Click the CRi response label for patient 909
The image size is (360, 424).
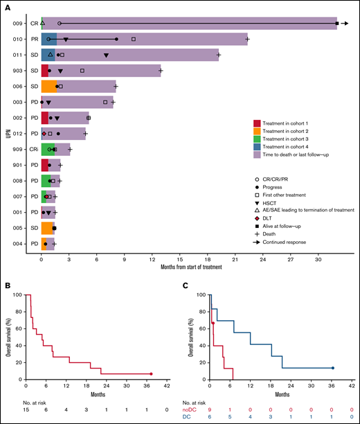34,149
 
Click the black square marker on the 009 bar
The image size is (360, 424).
337,24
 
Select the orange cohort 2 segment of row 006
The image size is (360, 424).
49,87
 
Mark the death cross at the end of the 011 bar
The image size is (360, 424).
219,55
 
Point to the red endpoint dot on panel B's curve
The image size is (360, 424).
151,374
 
